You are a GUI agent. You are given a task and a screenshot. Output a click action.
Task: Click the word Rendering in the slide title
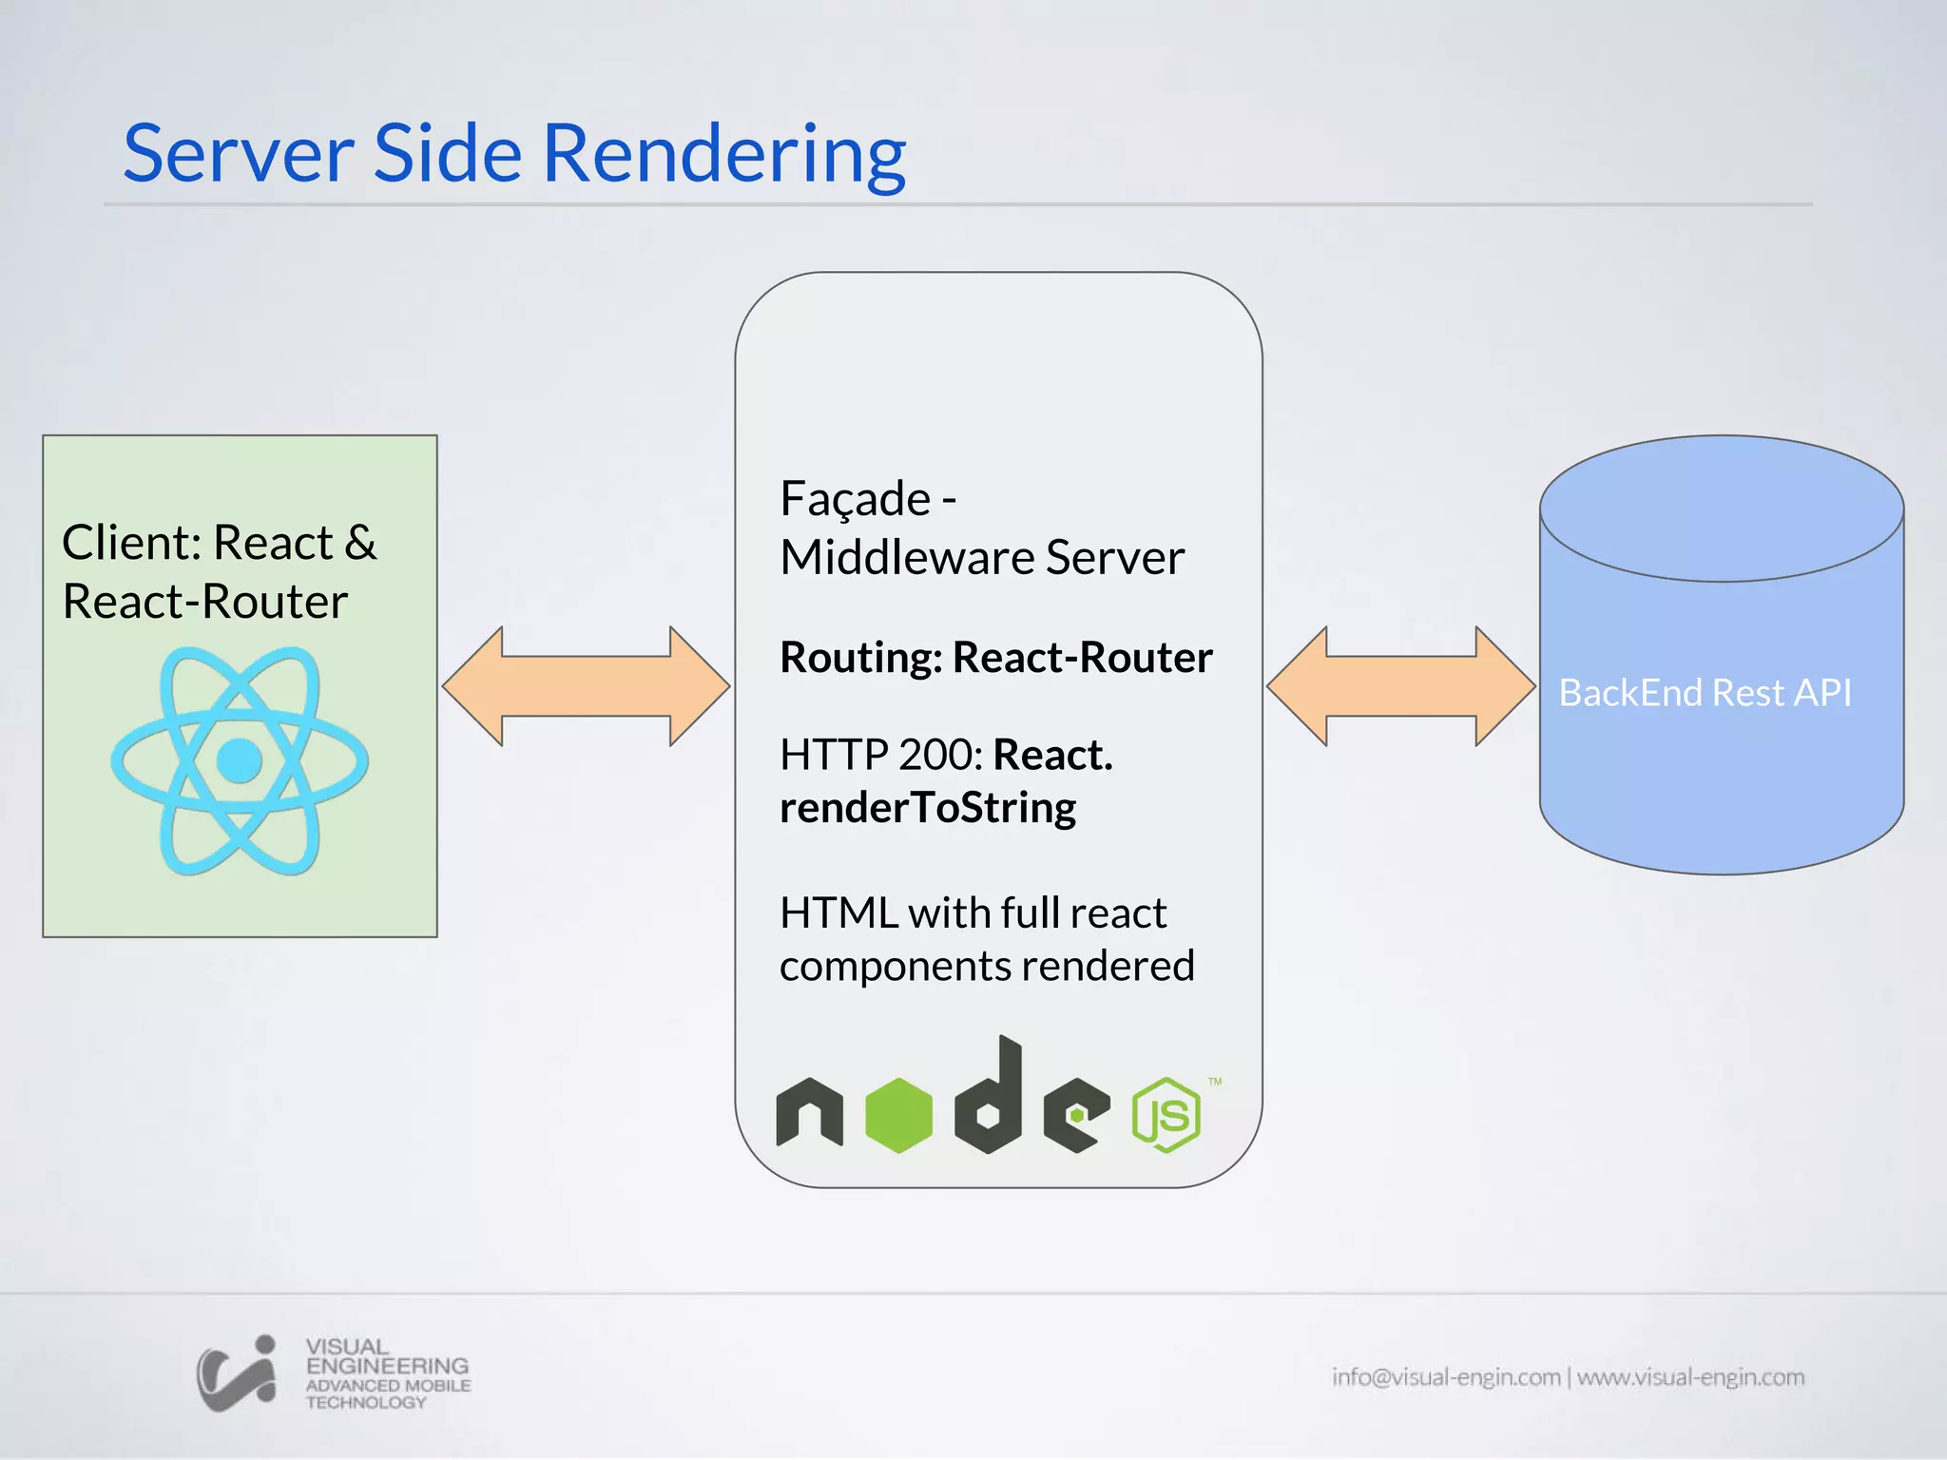coord(723,154)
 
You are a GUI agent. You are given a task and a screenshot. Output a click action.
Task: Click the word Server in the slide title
coord(239,154)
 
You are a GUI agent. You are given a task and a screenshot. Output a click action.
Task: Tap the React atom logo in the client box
coord(240,760)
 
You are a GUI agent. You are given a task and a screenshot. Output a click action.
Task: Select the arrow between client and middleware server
coord(586,685)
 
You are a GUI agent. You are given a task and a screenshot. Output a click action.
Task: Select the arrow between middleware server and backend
coord(1400,685)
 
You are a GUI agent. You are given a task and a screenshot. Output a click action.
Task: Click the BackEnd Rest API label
coord(1705,693)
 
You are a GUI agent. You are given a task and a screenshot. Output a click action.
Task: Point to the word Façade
coord(855,499)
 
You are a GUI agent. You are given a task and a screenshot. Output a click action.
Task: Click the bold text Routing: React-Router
coord(995,657)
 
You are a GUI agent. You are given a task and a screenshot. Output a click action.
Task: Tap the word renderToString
coord(927,808)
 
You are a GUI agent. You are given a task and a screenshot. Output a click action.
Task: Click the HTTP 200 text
coord(880,755)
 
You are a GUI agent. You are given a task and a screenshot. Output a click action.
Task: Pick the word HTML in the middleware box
coord(838,912)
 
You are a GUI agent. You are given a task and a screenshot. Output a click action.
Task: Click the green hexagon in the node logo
coord(898,1114)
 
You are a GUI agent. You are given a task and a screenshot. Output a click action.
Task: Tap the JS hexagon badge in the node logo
coord(1166,1115)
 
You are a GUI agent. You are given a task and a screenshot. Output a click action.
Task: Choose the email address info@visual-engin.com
coord(1445,1376)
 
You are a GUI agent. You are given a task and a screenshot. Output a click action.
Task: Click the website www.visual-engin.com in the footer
coord(1690,1376)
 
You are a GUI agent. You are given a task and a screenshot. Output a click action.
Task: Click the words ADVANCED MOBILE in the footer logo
coord(388,1385)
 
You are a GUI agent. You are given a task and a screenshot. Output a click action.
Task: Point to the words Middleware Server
coord(982,557)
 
